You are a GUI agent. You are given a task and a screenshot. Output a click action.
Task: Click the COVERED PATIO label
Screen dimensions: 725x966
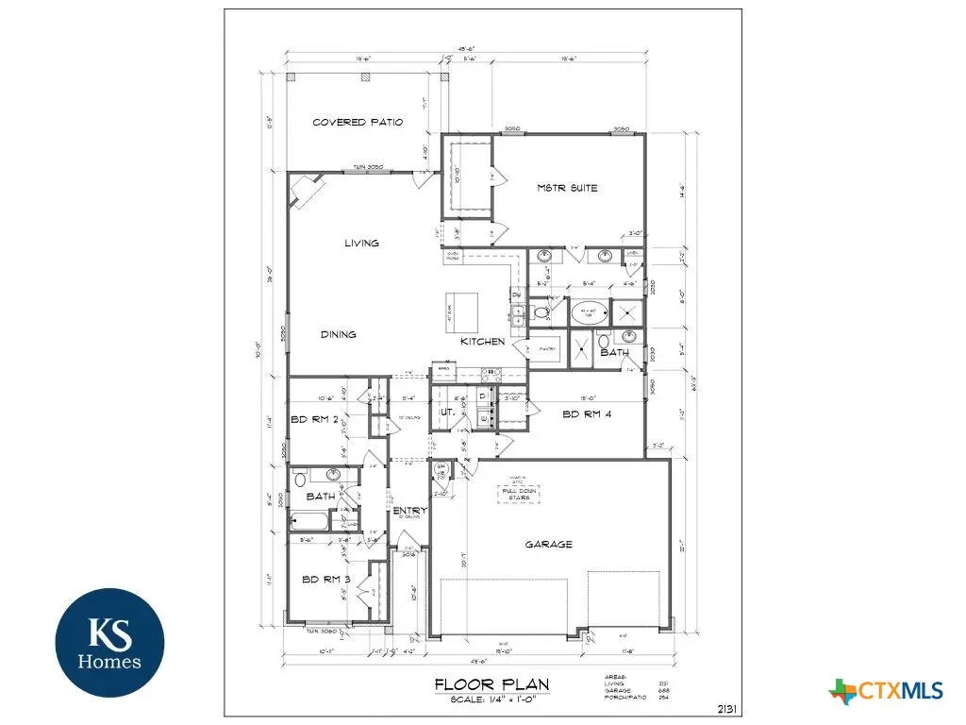pos(358,123)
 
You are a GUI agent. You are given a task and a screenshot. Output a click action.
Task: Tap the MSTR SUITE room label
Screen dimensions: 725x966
pos(567,188)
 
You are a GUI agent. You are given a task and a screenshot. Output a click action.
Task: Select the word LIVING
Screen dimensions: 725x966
pos(361,243)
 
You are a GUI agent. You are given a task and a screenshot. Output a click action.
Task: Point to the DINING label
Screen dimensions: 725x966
pos(337,334)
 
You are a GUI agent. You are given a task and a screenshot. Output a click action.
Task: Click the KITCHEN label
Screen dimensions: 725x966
pos(482,341)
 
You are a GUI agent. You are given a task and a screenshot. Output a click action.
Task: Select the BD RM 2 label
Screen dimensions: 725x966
pos(314,421)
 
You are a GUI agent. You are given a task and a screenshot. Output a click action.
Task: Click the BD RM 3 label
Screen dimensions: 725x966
pos(326,580)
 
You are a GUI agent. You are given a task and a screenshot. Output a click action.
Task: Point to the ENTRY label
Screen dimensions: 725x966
pos(410,511)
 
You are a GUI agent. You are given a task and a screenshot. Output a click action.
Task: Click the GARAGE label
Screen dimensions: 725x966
pos(548,544)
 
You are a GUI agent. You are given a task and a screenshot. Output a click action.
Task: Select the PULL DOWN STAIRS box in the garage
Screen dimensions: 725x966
pos(521,493)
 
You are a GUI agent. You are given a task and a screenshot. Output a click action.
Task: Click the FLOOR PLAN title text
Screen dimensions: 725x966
pos(491,684)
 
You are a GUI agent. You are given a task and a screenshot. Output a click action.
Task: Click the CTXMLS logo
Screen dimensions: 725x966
pos(887,692)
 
